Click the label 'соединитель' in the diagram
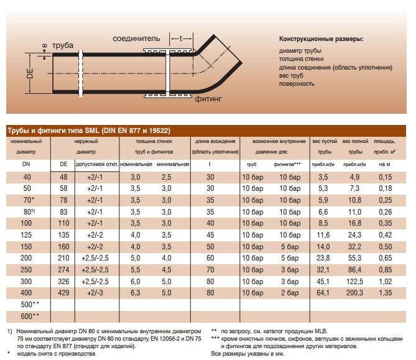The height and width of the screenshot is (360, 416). (138, 39)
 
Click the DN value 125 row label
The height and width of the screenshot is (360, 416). (27, 236)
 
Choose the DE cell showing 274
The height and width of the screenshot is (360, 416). (63, 270)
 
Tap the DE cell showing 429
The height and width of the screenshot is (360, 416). (63, 293)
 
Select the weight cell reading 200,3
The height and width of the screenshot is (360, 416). (355, 293)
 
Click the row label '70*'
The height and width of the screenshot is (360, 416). (27, 201)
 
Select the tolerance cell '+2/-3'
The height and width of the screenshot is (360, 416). (96, 293)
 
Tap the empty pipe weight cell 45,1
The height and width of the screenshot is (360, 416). (323, 282)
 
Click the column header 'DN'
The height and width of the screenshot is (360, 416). (27, 164)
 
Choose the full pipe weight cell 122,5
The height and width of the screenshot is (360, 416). (355, 282)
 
